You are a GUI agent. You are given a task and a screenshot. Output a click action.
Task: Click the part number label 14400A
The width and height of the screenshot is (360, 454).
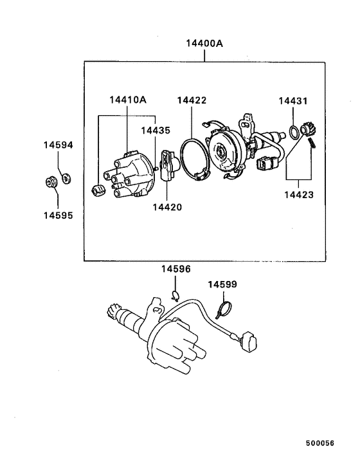pyautogui.click(x=204, y=44)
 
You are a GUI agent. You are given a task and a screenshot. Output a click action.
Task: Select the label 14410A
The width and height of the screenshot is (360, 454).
pyautogui.click(x=127, y=100)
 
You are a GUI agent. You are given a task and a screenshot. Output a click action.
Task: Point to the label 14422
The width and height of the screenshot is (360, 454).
pyautogui.click(x=192, y=100)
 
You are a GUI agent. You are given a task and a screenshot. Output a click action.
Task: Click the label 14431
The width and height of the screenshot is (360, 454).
pyautogui.click(x=293, y=101)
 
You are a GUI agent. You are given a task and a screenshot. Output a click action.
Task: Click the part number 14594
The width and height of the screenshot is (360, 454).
pyautogui.click(x=59, y=145)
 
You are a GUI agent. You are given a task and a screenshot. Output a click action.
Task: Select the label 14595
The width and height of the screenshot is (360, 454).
pyautogui.click(x=59, y=215)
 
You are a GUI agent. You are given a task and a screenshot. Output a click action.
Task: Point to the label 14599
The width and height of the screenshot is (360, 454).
pyautogui.click(x=222, y=284)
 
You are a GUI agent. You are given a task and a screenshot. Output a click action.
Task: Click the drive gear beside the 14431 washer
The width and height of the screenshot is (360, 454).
pyautogui.click(x=306, y=131)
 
